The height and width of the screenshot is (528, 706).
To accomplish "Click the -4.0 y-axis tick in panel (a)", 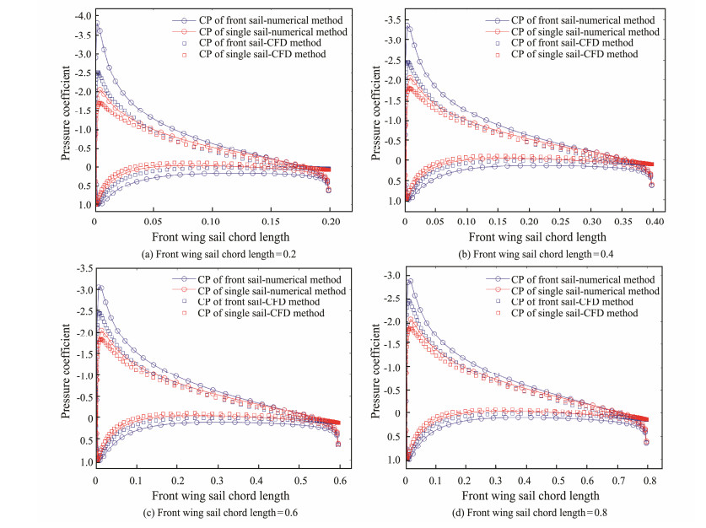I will [x=81, y=16].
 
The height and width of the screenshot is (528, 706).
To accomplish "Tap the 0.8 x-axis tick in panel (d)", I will [x=666, y=478].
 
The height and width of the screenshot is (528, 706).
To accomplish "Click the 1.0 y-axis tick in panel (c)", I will [x=84, y=462].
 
